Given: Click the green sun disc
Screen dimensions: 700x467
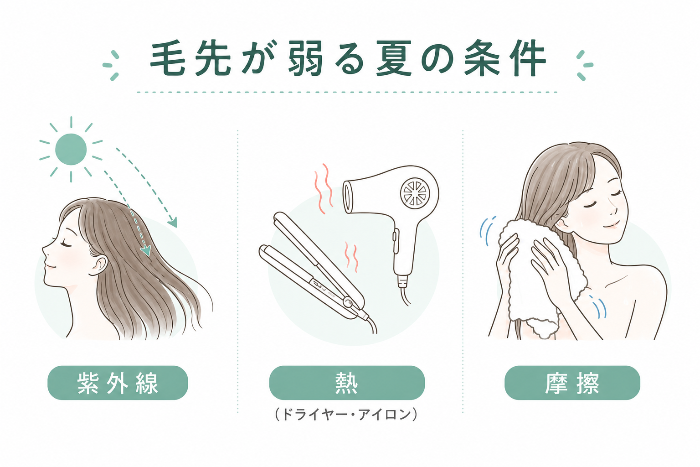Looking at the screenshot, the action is pos(71,149).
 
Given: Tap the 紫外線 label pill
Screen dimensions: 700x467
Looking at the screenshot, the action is pos(118,383).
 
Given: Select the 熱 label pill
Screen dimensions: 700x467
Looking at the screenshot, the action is pos(347,383).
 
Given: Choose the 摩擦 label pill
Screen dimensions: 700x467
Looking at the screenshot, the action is pos(572,383).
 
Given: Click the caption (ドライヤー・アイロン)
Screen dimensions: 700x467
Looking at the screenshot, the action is pos(346,414).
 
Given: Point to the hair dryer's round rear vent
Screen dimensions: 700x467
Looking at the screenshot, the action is pos(415,192).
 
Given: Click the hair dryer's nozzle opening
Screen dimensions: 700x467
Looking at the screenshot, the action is pos(348,197).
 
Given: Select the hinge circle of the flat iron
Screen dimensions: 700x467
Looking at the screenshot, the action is pos(348,302).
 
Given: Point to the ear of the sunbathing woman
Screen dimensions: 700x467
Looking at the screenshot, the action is pos(100,265).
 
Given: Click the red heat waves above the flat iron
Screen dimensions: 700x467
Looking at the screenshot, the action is pos(351,256).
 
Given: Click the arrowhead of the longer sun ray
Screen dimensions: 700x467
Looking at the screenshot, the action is pos(173,222).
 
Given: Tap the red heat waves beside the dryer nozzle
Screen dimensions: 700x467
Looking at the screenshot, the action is pos(324,189).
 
